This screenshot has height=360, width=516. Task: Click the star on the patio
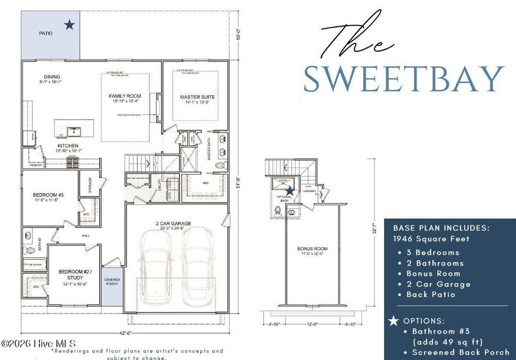pyautogui.click(x=70, y=24)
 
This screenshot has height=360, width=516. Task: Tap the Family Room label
pyautogui.click(x=125, y=96)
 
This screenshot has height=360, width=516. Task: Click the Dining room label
pyautogui.click(x=52, y=77)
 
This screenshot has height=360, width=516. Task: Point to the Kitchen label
pyautogui.click(x=68, y=146)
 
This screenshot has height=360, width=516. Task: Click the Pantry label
pyautogui.click(x=36, y=165)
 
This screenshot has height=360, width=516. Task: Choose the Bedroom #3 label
pyautogui.click(x=48, y=195)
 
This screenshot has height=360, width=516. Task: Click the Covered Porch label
pyautogui.click(x=111, y=281)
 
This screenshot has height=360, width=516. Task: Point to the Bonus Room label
pyautogui.click(x=312, y=249)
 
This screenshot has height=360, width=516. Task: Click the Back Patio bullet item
pyautogui.click(x=432, y=294)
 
